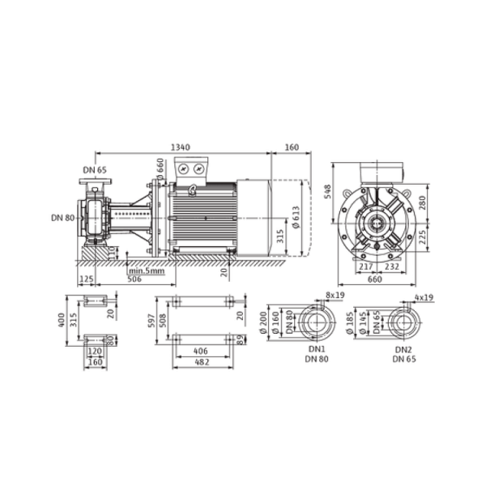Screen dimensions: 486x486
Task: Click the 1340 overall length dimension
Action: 181,147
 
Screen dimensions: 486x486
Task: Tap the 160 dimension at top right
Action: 292,147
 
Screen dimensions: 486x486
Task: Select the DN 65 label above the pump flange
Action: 95,170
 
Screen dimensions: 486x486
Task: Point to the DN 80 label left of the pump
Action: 63,218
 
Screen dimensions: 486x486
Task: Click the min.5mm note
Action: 147,271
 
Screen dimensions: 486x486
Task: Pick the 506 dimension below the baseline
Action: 134,279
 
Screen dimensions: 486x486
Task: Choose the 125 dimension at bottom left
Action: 87,279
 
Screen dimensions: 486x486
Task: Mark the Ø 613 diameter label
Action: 296,217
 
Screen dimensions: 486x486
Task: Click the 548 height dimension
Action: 327,191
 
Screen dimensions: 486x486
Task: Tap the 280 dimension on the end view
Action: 422,202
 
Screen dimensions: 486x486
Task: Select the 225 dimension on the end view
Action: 422,237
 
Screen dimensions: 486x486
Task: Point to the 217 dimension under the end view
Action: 366,266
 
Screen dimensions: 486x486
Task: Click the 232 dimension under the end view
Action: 392,266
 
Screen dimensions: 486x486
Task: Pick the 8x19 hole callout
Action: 335,295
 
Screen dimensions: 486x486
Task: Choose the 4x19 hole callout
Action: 424,297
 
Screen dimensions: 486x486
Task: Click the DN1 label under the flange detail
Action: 317,349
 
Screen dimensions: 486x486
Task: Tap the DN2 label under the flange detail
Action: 403,350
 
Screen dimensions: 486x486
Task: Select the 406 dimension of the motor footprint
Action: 201,352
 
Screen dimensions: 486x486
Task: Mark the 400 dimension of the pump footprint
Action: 62,320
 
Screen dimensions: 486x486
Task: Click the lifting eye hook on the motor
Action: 193,190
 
